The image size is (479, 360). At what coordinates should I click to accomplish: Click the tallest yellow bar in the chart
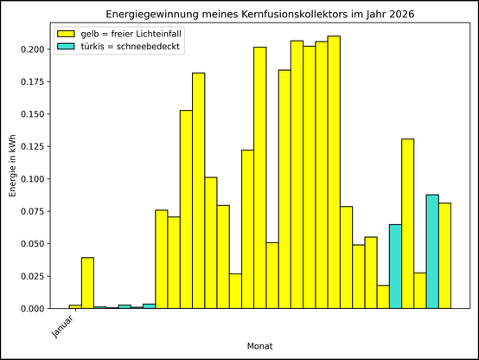[334, 172]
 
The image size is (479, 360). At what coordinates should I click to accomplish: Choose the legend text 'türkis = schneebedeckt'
[131, 47]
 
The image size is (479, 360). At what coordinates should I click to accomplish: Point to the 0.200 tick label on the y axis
[32, 49]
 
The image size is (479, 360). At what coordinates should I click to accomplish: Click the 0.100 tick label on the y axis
[32, 179]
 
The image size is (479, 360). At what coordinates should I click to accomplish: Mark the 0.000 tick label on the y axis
[32, 309]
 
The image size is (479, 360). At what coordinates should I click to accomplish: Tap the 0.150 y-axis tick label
[32, 114]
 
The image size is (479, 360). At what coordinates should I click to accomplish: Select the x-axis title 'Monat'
[259, 345]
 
